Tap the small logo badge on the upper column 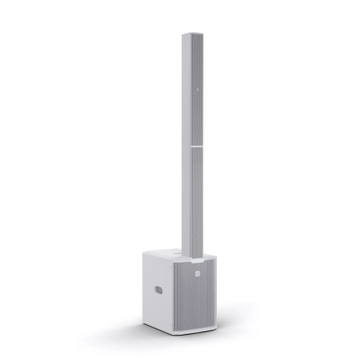click(x=193, y=89)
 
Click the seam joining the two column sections click(x=190, y=143)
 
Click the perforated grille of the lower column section click(x=194, y=198)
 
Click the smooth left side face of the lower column click(x=185, y=198)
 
